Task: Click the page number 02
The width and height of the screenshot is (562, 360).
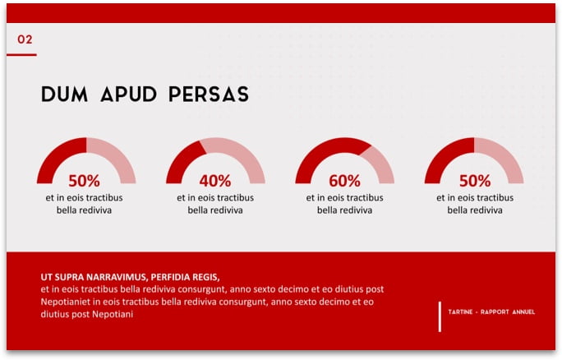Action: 25,39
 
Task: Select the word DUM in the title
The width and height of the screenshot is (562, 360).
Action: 65,95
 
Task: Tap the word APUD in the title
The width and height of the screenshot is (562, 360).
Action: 128,95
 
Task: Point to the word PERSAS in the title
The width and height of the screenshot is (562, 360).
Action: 209,95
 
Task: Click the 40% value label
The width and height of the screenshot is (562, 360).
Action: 215,181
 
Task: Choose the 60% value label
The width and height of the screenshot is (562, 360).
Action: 344,181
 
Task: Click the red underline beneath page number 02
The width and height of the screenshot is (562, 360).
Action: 21,55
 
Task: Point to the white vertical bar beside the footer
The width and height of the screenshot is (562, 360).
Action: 440,316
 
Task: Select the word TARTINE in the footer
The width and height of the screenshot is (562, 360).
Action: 460,312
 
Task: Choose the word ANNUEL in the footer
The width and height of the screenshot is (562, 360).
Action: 523,312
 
